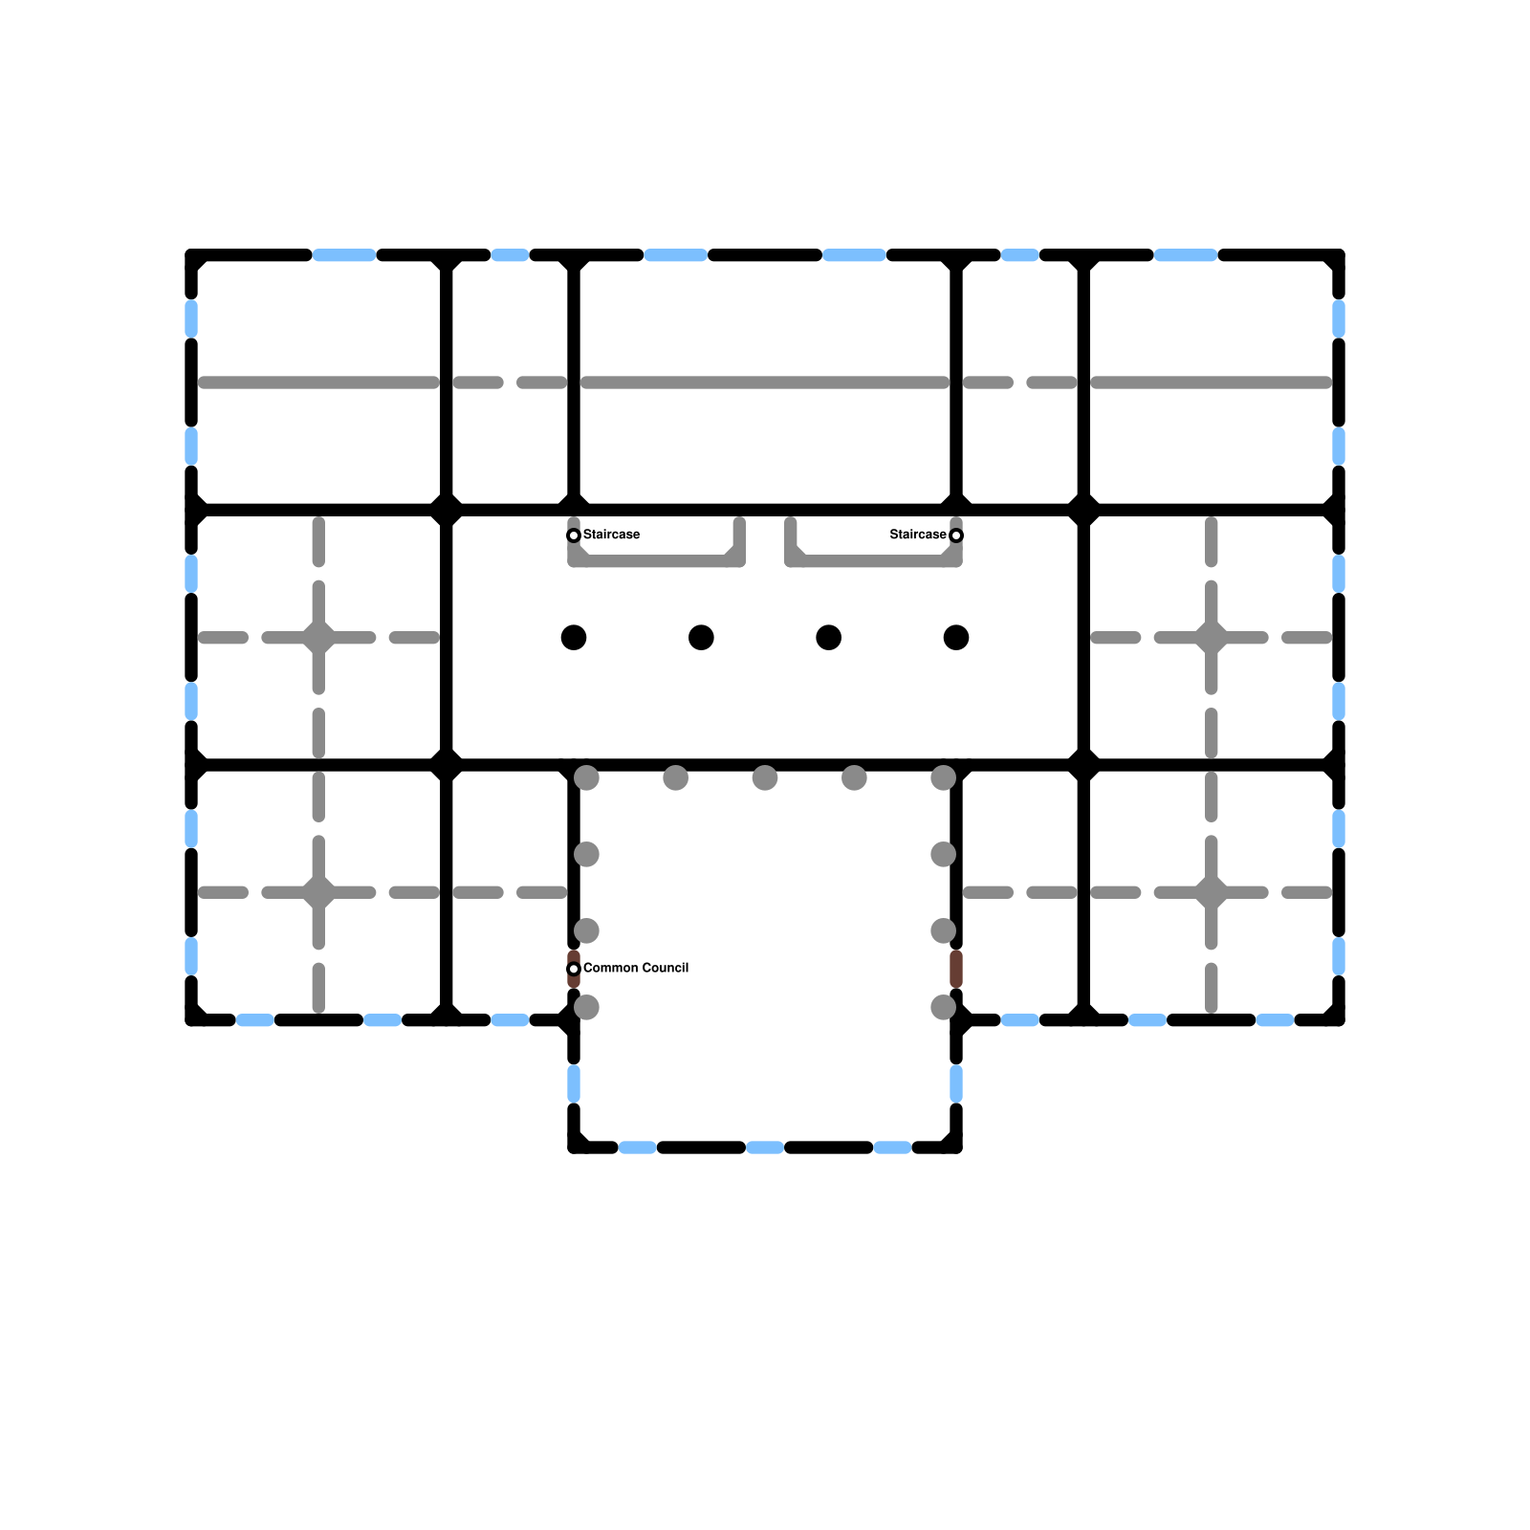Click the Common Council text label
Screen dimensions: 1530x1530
(x=636, y=968)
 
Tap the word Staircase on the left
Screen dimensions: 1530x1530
(x=611, y=535)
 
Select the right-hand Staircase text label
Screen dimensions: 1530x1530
(x=918, y=535)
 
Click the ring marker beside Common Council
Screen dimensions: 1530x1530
(x=574, y=969)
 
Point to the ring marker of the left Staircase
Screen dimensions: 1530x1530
(x=574, y=535)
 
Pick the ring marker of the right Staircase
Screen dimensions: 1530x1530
(x=956, y=535)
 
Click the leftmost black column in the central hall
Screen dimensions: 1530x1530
(x=574, y=637)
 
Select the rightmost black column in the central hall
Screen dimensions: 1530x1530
(x=956, y=637)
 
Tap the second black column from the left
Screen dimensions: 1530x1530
(x=701, y=637)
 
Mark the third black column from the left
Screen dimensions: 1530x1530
(x=829, y=637)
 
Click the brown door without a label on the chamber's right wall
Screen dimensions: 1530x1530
(x=956, y=969)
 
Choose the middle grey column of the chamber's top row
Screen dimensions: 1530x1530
(x=765, y=777)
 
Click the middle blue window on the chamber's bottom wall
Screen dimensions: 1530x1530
(x=765, y=1147)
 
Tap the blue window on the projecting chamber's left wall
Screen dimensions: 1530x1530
(x=574, y=1083)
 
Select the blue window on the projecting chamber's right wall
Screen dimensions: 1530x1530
(x=956, y=1083)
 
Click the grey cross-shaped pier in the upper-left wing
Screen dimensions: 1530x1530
(x=318, y=637)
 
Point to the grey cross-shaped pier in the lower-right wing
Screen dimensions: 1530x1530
(x=1212, y=892)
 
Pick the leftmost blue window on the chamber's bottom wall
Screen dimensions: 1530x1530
(x=638, y=1147)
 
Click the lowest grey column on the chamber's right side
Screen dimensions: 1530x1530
(x=944, y=1007)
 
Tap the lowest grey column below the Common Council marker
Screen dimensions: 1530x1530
(x=586, y=1007)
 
